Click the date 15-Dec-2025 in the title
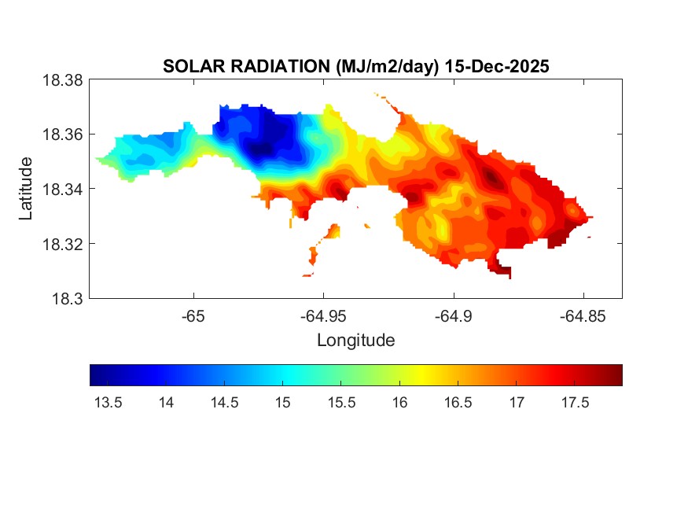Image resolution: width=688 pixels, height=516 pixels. tap(497, 67)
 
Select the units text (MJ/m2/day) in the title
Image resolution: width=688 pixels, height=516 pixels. tap(384, 67)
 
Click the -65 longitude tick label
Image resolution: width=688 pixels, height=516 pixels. tap(193, 315)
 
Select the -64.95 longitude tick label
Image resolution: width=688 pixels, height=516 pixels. tap(323, 315)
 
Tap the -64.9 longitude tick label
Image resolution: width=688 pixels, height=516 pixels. tap(453, 315)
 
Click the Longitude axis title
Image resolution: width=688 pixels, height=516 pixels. tap(355, 341)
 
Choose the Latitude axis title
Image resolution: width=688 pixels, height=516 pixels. tap(26, 189)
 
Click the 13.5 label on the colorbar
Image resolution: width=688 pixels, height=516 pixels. tap(108, 403)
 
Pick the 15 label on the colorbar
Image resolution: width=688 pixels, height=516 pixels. tap(282, 403)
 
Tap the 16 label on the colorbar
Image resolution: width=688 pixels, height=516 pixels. tap(399, 403)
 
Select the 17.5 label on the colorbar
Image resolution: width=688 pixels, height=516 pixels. tap(575, 403)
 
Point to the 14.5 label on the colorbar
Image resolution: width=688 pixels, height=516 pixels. tap(224, 403)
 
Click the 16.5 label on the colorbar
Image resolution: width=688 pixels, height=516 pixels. tap(458, 403)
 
